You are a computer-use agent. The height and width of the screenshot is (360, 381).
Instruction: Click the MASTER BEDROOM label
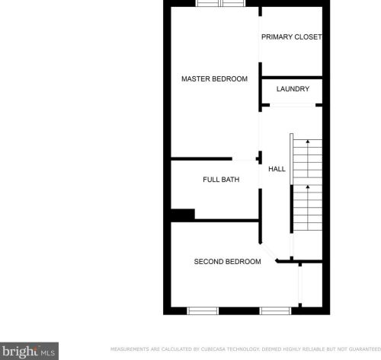click(x=214, y=79)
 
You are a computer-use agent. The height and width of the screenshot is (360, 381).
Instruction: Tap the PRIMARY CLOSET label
click(x=292, y=37)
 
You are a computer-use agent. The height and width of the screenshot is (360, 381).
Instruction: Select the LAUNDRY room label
click(x=293, y=89)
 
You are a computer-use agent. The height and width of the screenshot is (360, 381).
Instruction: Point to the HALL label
click(x=277, y=169)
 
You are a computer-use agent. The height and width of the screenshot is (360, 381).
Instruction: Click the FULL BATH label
click(x=221, y=180)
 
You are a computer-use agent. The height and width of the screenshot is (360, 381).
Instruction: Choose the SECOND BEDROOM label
click(x=227, y=262)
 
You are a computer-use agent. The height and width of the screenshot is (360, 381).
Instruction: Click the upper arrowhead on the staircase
click(x=308, y=142)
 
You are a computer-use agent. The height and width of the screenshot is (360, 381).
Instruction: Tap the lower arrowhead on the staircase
click(x=308, y=187)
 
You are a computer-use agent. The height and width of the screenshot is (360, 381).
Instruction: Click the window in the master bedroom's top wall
click(x=221, y=3)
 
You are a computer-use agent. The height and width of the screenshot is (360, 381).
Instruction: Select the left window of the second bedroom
click(x=203, y=311)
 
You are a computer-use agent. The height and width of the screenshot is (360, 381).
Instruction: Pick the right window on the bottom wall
click(x=275, y=311)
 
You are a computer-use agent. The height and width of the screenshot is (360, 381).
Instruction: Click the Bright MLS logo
click(x=29, y=351)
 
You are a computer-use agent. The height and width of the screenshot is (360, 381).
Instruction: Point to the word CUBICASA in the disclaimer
click(x=213, y=349)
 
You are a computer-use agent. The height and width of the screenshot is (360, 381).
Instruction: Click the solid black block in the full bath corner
click(x=183, y=215)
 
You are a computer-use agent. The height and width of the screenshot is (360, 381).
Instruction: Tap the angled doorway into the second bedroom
click(x=268, y=252)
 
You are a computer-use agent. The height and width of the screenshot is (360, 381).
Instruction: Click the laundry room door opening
click(x=293, y=105)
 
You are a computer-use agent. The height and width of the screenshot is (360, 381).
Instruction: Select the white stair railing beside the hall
click(x=292, y=159)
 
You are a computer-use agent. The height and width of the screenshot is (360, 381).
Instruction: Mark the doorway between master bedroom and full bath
click(x=244, y=159)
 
